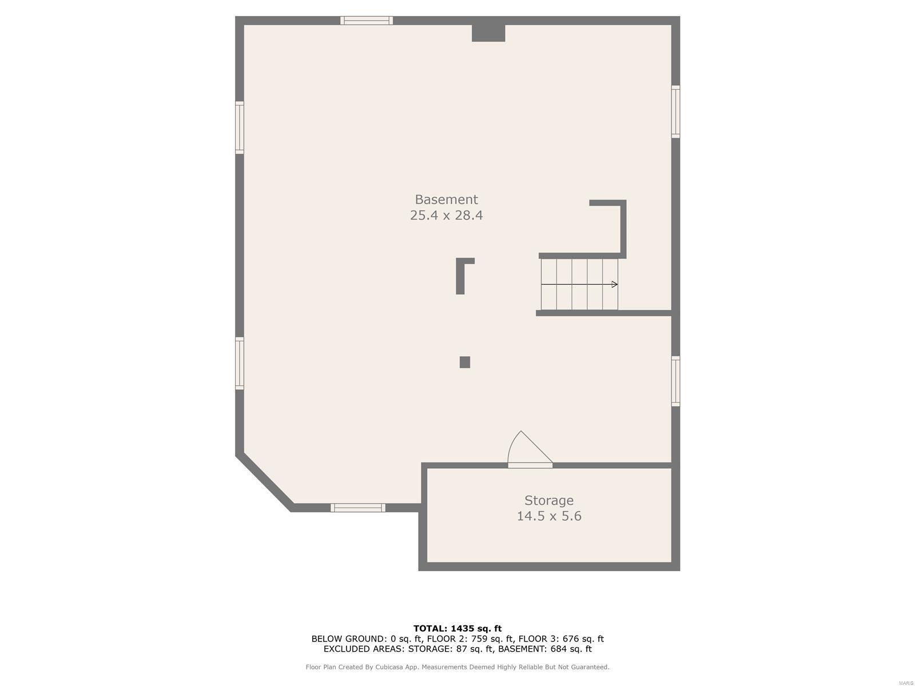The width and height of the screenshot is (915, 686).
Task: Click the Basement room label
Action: tap(446, 199)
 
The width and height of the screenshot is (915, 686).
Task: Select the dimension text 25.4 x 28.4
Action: tap(446, 215)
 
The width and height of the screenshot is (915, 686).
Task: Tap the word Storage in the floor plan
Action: tap(548, 500)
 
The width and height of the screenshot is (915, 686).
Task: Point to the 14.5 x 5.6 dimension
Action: tap(548, 516)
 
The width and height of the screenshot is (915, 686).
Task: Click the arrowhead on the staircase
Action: tap(614, 285)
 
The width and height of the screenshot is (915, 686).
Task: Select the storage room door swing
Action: tap(530, 449)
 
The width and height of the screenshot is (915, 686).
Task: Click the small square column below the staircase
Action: tap(465, 362)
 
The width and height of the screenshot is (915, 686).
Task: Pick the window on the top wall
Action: tap(367, 21)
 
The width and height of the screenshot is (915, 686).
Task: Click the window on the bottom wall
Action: tap(358, 508)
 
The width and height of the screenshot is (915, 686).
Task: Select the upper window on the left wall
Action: tap(239, 127)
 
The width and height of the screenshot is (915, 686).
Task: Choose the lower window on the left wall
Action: tap(239, 364)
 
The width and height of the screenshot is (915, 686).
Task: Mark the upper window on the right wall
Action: tap(675, 111)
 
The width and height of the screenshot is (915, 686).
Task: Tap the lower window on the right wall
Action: tap(675, 381)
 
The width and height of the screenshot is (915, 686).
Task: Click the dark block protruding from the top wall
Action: tap(488, 33)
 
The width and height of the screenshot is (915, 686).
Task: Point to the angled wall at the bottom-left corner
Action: tap(264, 484)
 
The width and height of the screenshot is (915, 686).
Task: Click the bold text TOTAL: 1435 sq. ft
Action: tap(457, 628)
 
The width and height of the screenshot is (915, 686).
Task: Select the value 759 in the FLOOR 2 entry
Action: tap(478, 639)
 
